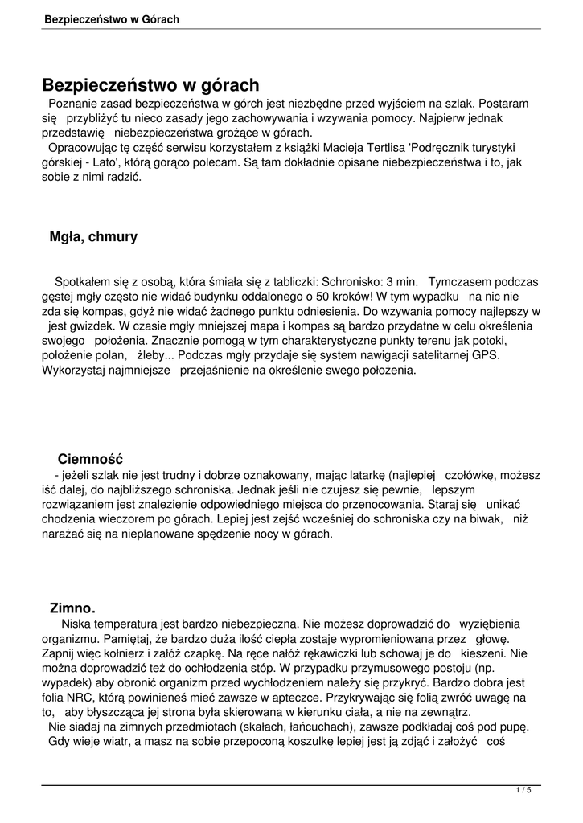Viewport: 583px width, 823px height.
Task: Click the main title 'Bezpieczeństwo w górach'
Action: [150, 84]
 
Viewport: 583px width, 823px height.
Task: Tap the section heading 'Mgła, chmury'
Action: [93, 236]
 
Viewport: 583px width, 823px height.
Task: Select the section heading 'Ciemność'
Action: [90, 459]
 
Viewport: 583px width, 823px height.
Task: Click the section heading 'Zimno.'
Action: [72, 608]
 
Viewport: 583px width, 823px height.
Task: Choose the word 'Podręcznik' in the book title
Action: [442, 147]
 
